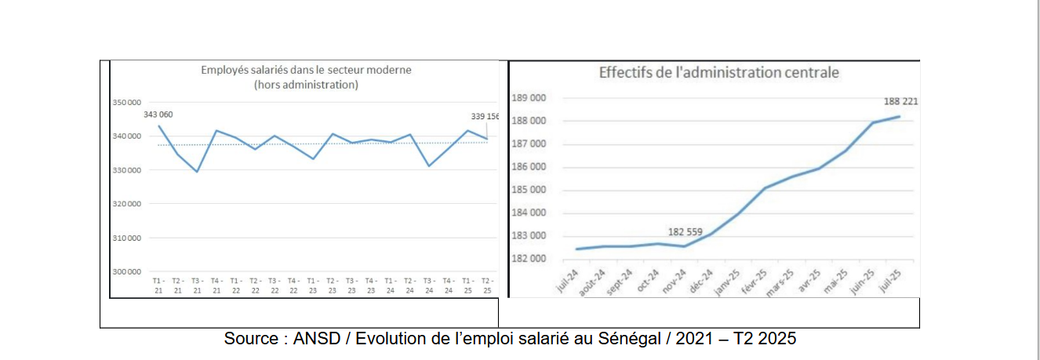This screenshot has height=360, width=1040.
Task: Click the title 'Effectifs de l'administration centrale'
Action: (x=719, y=73)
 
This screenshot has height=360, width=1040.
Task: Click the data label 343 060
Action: (x=158, y=115)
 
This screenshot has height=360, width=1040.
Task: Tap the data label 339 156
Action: (x=484, y=116)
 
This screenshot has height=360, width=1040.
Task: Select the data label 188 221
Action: (x=901, y=101)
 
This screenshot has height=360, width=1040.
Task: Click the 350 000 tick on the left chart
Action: (x=127, y=103)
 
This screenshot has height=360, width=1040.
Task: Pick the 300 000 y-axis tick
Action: (x=127, y=272)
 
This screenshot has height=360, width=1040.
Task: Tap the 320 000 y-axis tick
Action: (x=127, y=204)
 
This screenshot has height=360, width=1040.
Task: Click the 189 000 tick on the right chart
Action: (x=528, y=98)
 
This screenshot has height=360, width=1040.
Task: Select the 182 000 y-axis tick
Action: (x=528, y=258)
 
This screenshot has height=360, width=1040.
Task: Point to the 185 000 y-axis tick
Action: (x=528, y=190)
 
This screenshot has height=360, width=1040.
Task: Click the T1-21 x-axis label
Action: (x=158, y=285)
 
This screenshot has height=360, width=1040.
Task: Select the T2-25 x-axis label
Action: (x=487, y=285)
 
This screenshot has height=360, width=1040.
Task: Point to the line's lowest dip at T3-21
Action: (x=197, y=171)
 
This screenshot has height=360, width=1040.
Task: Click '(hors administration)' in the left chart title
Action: (x=306, y=85)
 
